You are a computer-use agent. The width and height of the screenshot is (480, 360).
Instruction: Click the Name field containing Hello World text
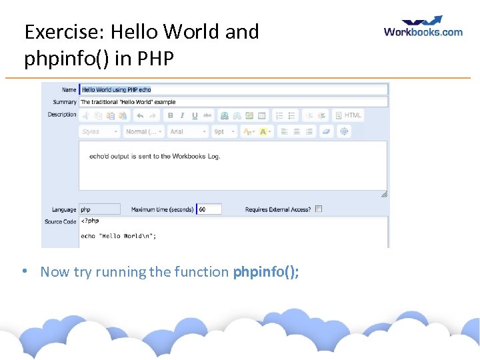[233, 89]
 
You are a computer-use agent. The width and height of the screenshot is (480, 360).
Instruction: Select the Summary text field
[233, 102]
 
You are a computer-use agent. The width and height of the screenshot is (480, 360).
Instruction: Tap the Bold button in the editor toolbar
[171, 115]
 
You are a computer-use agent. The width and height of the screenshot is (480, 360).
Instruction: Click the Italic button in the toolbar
[183, 115]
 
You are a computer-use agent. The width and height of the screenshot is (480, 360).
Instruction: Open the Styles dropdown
[100, 132]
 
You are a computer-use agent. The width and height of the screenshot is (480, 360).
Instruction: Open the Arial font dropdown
[187, 132]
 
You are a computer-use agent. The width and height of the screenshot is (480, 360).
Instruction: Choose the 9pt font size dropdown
[224, 132]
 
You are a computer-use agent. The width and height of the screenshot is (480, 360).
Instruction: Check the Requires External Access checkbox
[319, 209]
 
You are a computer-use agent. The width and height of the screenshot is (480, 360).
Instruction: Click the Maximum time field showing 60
[209, 209]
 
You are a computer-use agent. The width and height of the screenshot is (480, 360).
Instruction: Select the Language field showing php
[99, 209]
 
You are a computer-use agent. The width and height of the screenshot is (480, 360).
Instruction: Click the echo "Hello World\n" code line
[118, 235]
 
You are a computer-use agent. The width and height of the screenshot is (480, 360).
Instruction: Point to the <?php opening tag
[90, 221]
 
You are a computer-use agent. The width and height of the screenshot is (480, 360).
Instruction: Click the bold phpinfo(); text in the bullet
[266, 271]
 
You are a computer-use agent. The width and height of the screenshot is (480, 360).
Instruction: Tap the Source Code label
[61, 221]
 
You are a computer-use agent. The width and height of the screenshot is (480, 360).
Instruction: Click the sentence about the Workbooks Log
[155, 156]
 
